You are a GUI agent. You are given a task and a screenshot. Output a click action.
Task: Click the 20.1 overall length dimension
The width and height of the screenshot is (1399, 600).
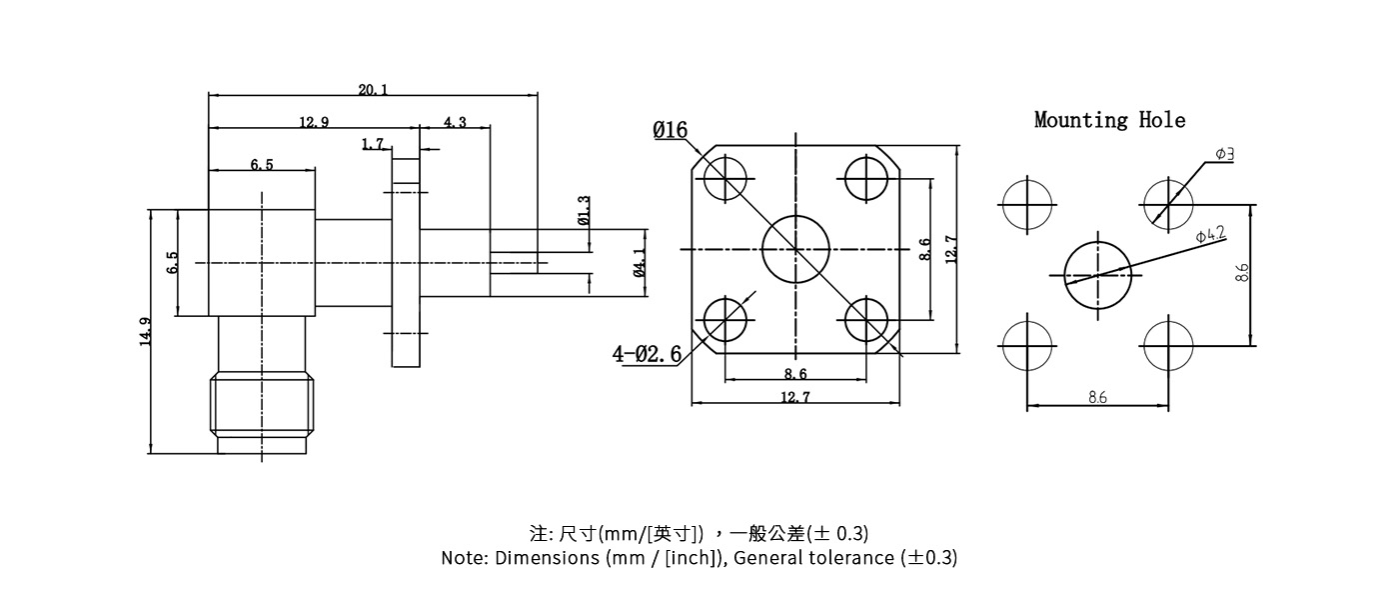(x=373, y=90)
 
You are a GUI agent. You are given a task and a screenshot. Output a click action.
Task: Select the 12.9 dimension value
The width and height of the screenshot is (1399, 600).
(x=313, y=122)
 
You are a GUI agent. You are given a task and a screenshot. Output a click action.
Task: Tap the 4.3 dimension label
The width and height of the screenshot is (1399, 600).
(x=455, y=122)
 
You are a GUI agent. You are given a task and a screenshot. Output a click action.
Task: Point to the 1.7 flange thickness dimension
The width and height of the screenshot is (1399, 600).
(x=373, y=145)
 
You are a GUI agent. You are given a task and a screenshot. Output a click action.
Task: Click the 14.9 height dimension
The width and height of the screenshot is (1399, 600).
(x=145, y=331)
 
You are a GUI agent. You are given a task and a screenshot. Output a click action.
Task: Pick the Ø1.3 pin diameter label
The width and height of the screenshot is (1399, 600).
(x=584, y=210)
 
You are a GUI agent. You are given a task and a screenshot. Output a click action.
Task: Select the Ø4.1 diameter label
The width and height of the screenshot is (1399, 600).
(x=639, y=263)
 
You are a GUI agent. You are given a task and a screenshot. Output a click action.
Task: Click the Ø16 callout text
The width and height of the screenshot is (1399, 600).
(x=671, y=130)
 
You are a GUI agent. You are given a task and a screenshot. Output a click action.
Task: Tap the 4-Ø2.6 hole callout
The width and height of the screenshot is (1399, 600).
(x=647, y=353)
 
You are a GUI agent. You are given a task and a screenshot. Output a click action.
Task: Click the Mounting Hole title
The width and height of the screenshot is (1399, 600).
(x=1109, y=120)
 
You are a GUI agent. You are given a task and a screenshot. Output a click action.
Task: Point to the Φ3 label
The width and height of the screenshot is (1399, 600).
(x=1224, y=154)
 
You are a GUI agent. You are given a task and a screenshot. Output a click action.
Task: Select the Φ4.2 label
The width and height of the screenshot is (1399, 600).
(x=1210, y=235)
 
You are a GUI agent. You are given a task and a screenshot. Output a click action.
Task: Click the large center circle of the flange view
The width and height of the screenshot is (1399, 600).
(x=795, y=249)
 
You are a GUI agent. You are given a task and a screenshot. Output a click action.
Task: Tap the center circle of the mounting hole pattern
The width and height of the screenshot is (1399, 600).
(x=1097, y=274)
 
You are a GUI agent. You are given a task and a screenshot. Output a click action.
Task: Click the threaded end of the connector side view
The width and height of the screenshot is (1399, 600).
(x=262, y=407)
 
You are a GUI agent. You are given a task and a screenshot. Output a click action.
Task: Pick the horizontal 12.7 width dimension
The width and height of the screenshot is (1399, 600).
(x=795, y=397)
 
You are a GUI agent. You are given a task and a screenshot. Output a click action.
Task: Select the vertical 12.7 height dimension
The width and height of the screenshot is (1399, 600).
(x=951, y=249)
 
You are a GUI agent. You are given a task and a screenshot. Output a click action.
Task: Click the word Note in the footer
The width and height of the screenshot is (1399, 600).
(x=464, y=558)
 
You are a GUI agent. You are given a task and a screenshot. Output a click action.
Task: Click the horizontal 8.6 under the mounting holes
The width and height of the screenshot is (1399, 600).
(x=1097, y=398)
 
